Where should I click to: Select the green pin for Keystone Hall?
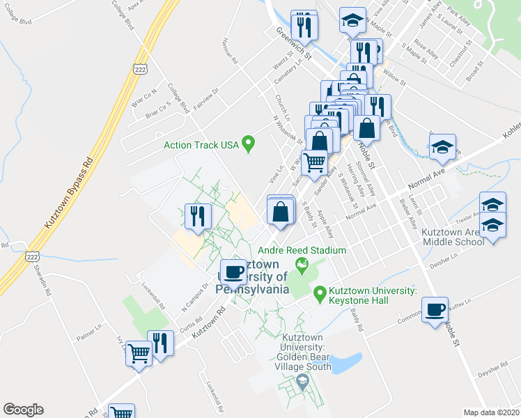point(320,294)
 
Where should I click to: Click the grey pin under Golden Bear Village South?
point(302,382)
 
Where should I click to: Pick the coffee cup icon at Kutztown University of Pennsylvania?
point(233,272)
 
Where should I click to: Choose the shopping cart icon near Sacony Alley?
point(315,162)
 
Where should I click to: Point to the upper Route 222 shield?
point(139,68)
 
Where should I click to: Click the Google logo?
point(23,410)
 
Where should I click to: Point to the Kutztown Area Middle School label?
point(453,237)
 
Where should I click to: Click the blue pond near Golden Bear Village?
point(350,362)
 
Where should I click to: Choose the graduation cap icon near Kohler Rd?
point(442,147)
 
